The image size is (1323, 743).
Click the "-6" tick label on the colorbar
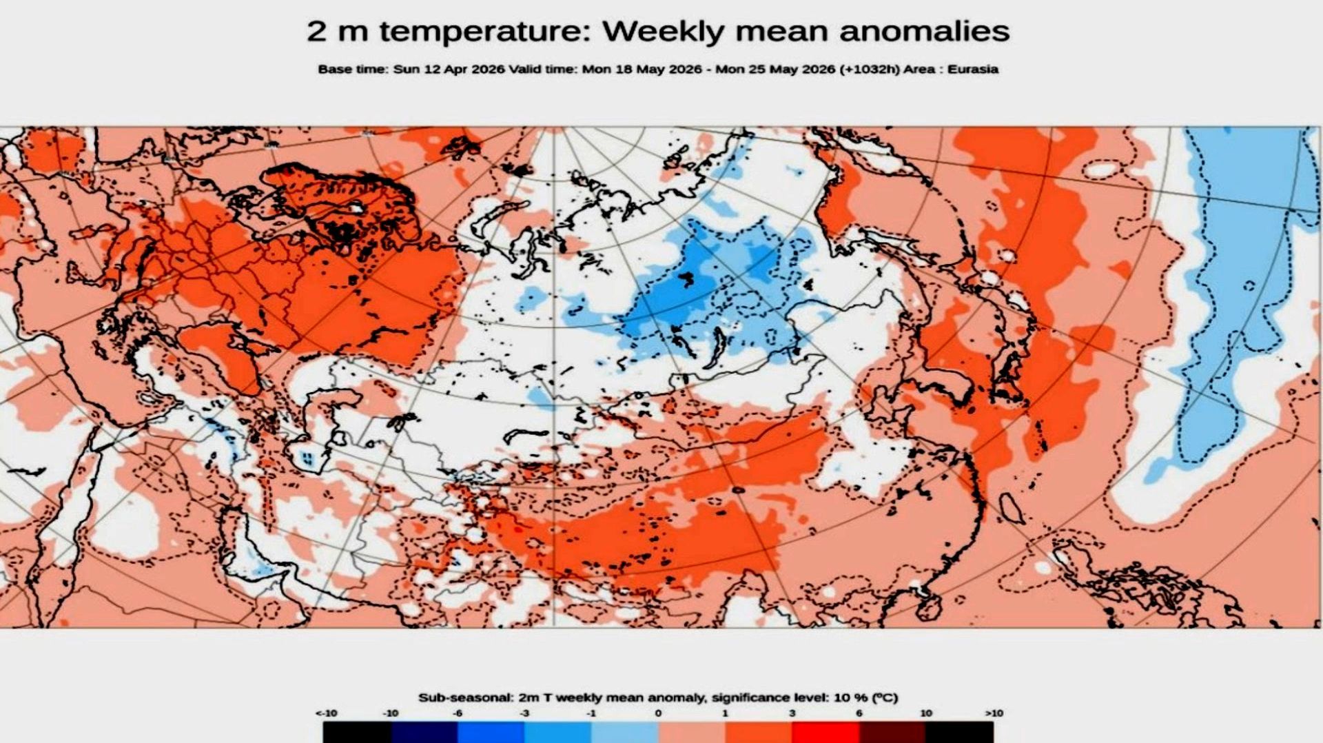pos(458,713)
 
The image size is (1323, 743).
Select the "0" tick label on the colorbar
pos(658,713)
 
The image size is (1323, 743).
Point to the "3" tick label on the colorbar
pos(792,713)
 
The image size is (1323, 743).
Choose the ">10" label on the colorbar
pos(994,713)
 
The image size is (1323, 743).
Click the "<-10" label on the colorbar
pos(326,713)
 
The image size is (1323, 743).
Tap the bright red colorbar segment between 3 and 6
pos(825,732)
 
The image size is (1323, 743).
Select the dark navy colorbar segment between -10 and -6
pos(424,732)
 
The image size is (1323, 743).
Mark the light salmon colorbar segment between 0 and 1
pos(691,732)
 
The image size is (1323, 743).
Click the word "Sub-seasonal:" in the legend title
pos(465,698)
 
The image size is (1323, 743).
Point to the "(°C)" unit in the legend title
pos(885,698)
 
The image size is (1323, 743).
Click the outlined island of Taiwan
pos(1010,509)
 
